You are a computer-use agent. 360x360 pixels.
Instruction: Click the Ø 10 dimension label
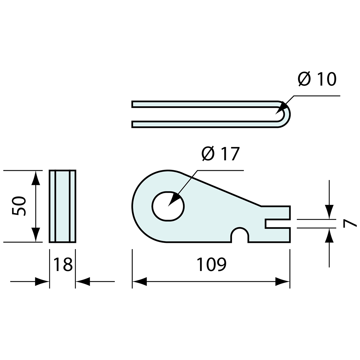click(317, 79)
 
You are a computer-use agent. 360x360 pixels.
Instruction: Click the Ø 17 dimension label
click(221, 153)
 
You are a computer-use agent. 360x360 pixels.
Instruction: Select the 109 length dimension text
click(211, 264)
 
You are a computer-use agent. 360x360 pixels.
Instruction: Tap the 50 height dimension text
click(18, 206)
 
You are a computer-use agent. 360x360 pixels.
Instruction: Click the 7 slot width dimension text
click(349, 223)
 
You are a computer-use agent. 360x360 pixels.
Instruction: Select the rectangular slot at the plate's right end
click(277, 224)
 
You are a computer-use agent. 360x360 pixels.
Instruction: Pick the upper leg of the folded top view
click(203, 104)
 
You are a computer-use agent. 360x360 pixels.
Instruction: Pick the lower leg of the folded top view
click(203, 124)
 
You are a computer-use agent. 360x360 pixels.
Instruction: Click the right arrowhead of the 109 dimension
click(282, 281)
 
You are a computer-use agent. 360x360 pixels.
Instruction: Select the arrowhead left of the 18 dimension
click(42, 281)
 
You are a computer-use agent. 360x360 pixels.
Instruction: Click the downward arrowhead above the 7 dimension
click(329, 212)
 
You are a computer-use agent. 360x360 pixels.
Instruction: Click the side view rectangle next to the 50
click(63, 206)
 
